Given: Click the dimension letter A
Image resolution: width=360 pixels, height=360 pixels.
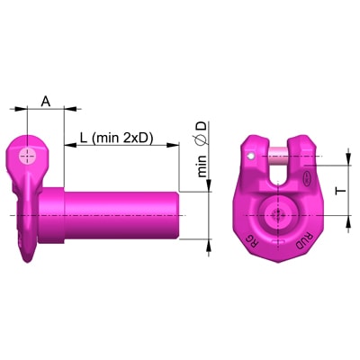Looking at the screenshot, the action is click(46, 102).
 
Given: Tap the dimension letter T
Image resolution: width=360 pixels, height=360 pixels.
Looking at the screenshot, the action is click(341, 191).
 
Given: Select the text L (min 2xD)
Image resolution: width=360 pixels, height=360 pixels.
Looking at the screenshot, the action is click(116, 138).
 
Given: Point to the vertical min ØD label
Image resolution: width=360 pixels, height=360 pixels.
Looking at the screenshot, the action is click(202, 149).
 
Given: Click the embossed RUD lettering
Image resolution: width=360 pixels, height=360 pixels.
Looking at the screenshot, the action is click(304, 240).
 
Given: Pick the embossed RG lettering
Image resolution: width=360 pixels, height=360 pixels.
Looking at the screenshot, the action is click(252, 240).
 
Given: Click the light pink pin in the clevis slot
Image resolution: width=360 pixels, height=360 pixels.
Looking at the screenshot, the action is click(279, 157).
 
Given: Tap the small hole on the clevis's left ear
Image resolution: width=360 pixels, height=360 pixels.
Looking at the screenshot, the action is click(251, 156).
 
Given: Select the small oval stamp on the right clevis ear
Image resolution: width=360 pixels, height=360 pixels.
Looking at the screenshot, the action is click(308, 177).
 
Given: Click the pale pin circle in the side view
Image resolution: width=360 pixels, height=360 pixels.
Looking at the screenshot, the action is click(28, 156).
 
